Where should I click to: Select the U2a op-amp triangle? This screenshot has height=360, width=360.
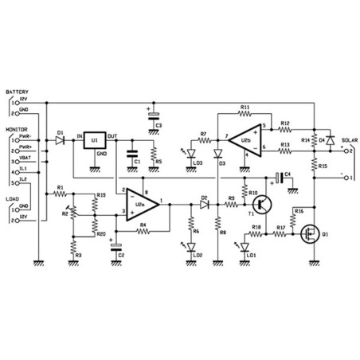[142, 204]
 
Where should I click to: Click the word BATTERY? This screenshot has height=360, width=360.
[17, 92]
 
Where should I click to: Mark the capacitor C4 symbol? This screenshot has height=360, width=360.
[278, 176]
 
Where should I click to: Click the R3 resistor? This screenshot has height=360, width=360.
[73, 249]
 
